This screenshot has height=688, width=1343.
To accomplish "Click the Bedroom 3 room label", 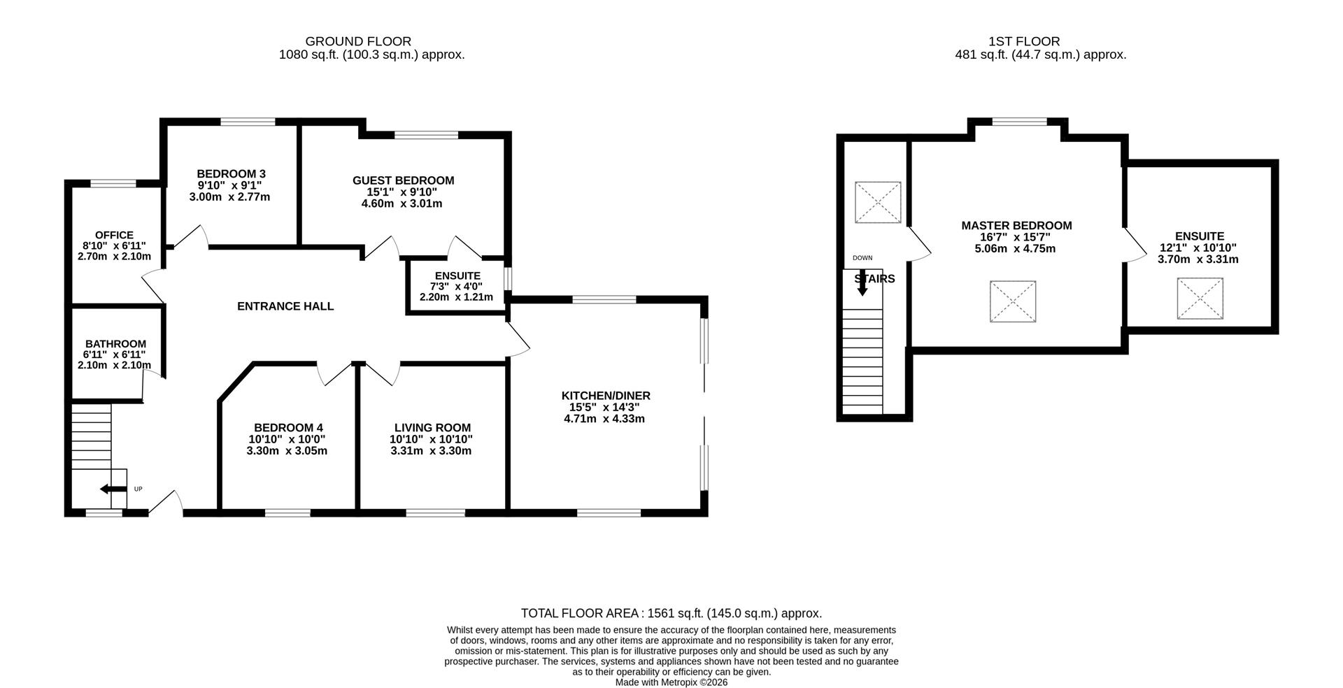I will pos(231,174).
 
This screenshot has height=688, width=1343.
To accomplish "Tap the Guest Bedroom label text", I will pos(403,180).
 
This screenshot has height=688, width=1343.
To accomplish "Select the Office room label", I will pos(114,236).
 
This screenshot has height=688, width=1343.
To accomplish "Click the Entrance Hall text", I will pos(285,306).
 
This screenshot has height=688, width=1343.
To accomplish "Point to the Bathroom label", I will pos(115,344).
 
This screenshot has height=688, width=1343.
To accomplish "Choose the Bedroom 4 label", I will pos(288,428).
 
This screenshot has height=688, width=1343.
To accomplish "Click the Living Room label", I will pos(432,428).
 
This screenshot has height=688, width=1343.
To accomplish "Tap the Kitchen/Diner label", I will pos(606,396).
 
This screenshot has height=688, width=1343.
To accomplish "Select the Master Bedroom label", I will pos(1016,226).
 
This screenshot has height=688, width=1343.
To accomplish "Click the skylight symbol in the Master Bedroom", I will pos(1012,301).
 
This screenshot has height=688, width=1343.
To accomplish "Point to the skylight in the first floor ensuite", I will pos(1200,299).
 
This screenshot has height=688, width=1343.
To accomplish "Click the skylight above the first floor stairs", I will pos(878,203).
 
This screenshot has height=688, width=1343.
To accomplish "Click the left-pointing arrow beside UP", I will pos(113,489).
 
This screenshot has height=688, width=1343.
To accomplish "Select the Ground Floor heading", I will pos(358,41).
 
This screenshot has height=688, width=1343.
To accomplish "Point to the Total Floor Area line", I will pos(671,613).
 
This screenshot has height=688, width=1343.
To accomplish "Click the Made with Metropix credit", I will pos(671,682).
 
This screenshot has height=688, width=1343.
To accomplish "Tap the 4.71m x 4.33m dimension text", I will pos(604,419).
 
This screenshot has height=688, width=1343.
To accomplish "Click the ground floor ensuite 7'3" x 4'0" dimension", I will pos(456,286).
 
